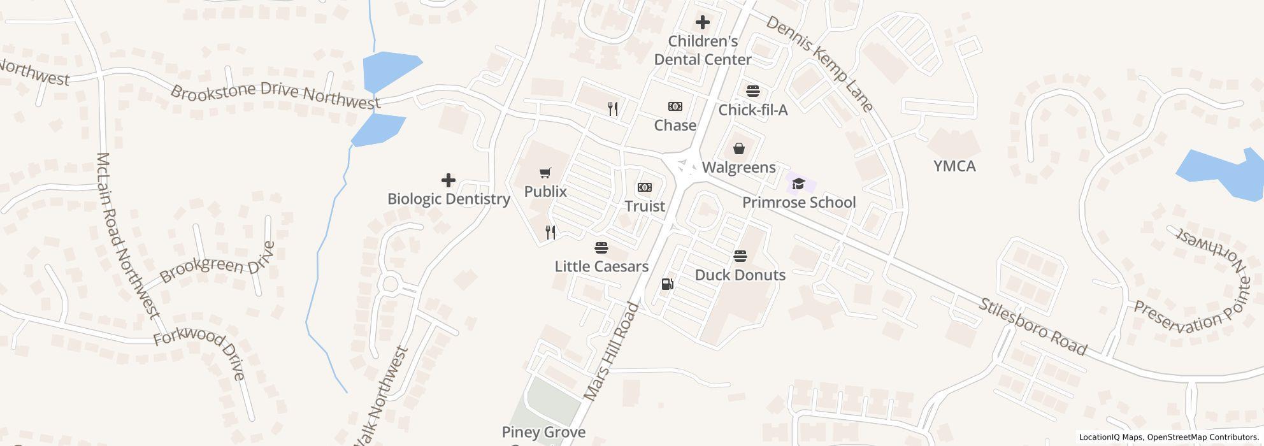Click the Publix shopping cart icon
click(545, 173)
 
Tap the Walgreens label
click(738, 168)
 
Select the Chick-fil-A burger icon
click(753, 91)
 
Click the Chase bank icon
click(675, 106)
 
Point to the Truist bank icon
click(645, 187)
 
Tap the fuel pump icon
click(667, 284)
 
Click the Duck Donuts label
click(740, 275)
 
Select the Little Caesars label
click(601, 266)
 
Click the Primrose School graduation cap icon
click(798, 185)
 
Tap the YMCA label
click(954, 166)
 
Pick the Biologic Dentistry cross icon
click(449, 180)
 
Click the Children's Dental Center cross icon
click(703, 23)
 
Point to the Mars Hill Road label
click(611, 352)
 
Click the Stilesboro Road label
click(1033, 327)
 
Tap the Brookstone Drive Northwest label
click(275, 95)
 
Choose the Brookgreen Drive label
click(219, 263)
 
